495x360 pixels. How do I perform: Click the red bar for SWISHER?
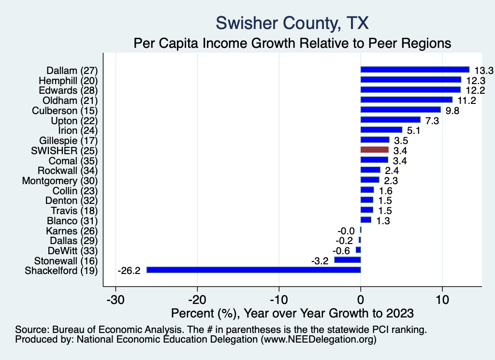tap(375, 150)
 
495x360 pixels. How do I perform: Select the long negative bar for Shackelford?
tap(253, 270)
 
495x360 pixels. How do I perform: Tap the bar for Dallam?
tap(415, 70)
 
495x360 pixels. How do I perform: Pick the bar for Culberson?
tap(400, 110)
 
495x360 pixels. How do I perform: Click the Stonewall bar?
tap(348, 260)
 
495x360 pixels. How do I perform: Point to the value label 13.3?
tap(483, 71)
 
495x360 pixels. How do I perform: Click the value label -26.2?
tap(129, 271)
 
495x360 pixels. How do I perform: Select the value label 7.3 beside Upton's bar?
tap(432, 120)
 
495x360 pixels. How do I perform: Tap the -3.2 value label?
tap(320, 261)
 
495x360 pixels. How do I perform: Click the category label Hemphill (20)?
tap(68, 80)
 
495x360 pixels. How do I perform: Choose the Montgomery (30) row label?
tap(60, 180)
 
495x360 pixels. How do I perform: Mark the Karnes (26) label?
tap(72, 230)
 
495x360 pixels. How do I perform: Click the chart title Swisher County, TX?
tap(292, 23)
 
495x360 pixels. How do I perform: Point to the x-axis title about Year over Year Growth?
tap(292, 313)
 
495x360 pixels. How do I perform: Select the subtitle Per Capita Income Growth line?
tap(292, 43)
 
